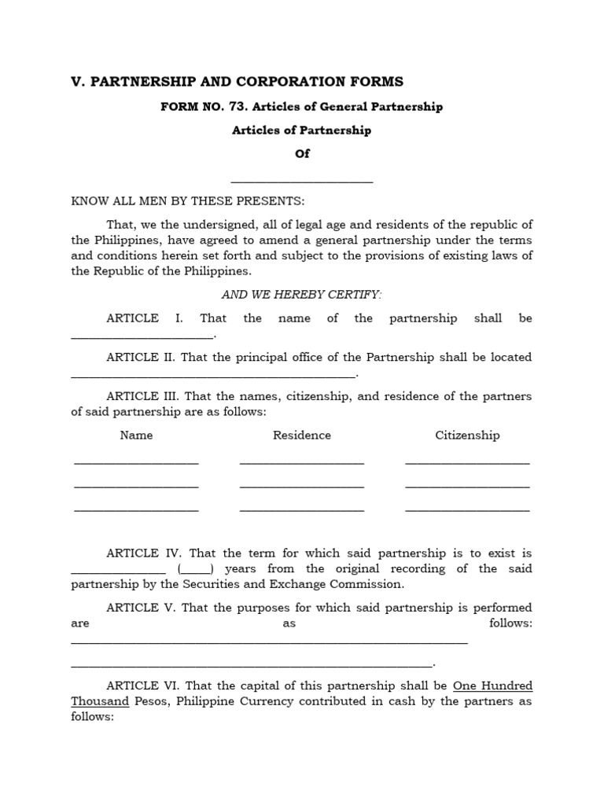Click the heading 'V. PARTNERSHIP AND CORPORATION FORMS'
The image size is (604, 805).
(x=237, y=82)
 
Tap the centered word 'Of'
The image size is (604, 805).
(x=302, y=154)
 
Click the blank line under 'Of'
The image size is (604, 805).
(x=302, y=182)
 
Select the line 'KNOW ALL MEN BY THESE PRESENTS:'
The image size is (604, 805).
(x=188, y=200)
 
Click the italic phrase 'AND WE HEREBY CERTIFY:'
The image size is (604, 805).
(x=301, y=295)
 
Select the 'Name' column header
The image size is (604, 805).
(x=136, y=436)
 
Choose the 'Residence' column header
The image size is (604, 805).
(x=302, y=436)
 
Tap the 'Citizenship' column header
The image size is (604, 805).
(x=467, y=436)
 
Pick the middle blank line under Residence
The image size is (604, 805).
(x=302, y=487)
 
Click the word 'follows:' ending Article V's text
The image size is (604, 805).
(x=510, y=623)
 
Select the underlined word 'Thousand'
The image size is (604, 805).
(x=100, y=701)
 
